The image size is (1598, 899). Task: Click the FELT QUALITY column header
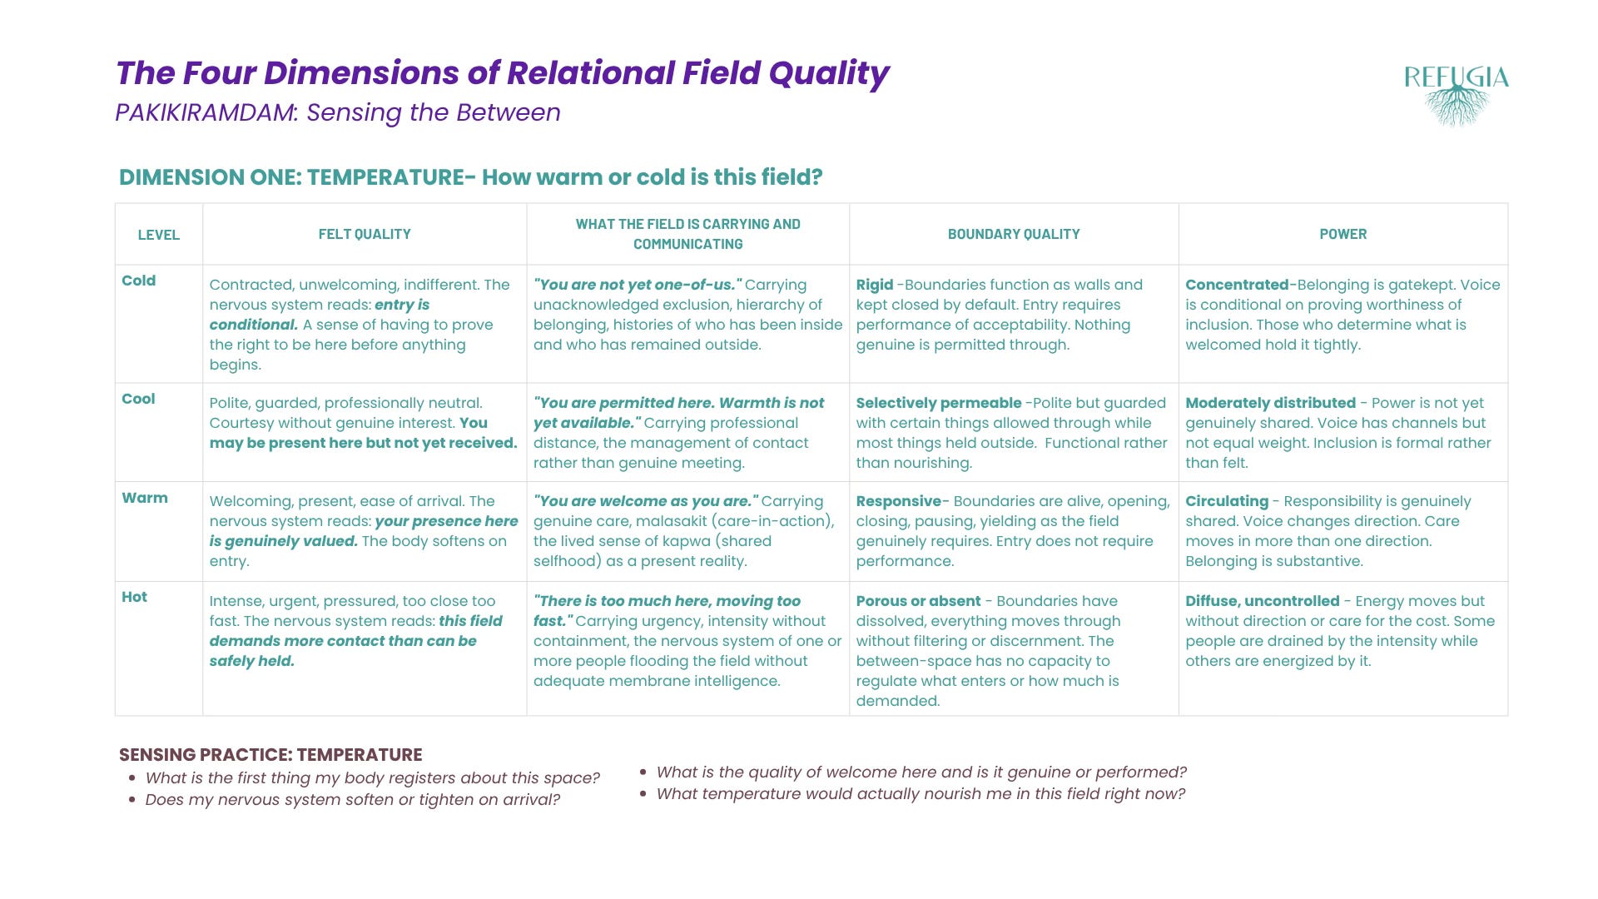[365, 234]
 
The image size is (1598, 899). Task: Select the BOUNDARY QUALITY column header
[1014, 234]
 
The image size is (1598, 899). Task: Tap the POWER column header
[1342, 234]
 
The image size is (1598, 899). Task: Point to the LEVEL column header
[159, 235]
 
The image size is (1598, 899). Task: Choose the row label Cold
[138, 281]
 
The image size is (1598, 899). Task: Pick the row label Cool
[138, 399]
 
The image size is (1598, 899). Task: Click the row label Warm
[145, 498]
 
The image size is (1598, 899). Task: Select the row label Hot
[134, 597]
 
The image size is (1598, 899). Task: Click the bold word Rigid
[875, 285]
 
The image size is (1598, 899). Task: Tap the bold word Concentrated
[1237, 285]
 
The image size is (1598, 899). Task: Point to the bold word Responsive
[899, 501]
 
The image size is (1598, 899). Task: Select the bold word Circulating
[1227, 501]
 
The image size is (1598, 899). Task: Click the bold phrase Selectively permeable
[939, 403]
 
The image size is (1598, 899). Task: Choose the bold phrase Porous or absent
[919, 601]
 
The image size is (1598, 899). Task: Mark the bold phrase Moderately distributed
[1271, 403]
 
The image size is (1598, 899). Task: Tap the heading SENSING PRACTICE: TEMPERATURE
[270, 755]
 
